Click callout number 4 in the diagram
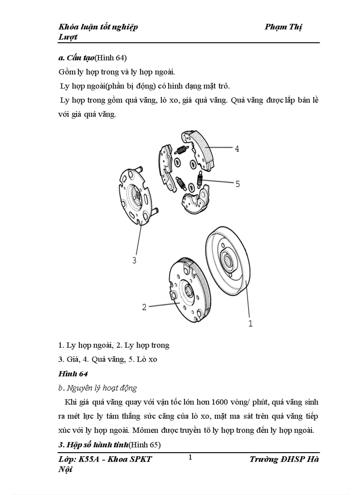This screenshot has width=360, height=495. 237,149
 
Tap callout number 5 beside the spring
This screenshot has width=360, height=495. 237,184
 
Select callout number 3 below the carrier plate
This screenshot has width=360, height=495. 135,260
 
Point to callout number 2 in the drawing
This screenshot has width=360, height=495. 144,307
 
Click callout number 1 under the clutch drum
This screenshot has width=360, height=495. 251,324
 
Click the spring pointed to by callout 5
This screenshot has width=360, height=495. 200,178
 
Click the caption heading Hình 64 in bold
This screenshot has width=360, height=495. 73,374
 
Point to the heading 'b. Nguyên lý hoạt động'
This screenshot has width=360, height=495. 97,388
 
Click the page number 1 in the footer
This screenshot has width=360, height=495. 190,457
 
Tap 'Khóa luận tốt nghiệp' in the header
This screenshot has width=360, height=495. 98,27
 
